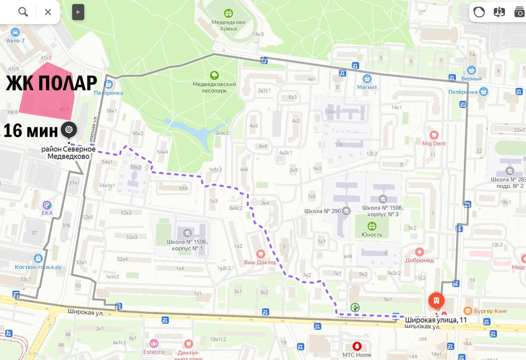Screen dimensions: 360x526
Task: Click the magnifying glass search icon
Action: [x=23, y=12]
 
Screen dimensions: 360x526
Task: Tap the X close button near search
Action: [x=48, y=12]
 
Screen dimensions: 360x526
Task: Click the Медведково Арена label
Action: [x=228, y=25]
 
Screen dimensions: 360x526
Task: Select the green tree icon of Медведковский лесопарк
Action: [x=214, y=75]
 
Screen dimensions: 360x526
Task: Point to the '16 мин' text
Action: [x=31, y=131]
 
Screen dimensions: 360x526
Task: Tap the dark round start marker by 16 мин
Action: [x=69, y=129]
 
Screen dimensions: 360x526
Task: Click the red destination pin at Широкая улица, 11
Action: [x=436, y=300]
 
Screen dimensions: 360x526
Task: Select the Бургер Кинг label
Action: [x=491, y=311]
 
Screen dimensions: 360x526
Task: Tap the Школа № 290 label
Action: [x=323, y=211]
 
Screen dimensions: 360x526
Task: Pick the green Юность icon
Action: [x=372, y=226]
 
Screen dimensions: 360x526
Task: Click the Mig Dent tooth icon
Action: [x=434, y=135]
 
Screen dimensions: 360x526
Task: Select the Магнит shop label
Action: [x=367, y=87]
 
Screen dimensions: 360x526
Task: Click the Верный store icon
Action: [x=472, y=70]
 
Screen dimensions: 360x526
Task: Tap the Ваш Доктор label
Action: [x=260, y=262]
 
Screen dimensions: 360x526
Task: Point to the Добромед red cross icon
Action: [x=419, y=252]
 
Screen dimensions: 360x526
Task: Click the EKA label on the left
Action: [x=47, y=213]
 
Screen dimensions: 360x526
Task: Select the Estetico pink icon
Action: [x=154, y=343]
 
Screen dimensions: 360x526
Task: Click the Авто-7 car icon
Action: [x=15, y=32]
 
